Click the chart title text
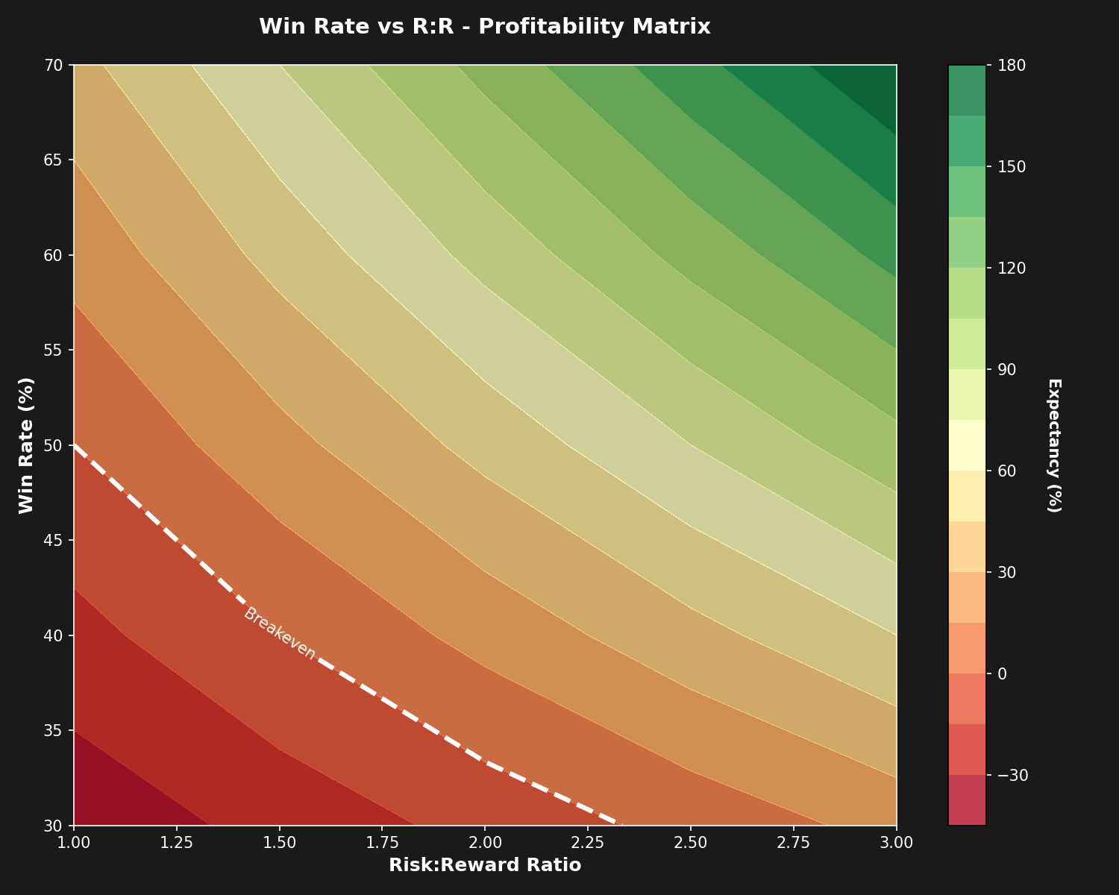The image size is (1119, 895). point(484,27)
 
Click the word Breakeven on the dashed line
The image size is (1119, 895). point(280,633)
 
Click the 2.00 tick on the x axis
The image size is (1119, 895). point(485,842)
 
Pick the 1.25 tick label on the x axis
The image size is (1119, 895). point(176,842)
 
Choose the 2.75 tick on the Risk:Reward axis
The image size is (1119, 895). point(793,842)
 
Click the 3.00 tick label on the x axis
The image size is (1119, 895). point(896,842)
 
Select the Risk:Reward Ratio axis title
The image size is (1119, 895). point(484,865)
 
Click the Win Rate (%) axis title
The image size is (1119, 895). point(27,445)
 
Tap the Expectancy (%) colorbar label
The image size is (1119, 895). point(1053,445)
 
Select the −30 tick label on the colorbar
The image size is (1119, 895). point(1012,775)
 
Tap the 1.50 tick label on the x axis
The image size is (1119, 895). point(279,842)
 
